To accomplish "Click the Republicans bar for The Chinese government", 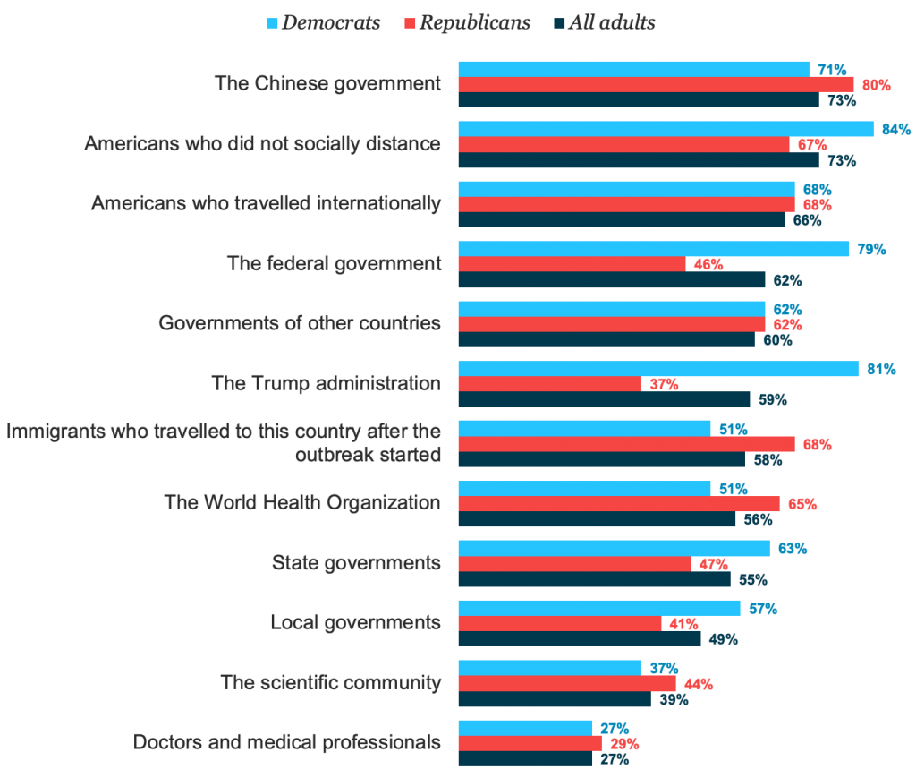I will [656, 85].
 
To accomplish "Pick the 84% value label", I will [895, 130].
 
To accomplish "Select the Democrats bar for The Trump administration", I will [658, 369].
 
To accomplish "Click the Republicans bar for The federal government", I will [572, 264].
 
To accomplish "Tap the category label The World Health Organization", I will [302, 502].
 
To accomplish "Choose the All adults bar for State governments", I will [594, 579].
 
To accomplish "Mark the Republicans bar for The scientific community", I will [567, 684].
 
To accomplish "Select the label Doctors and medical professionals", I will [286, 742].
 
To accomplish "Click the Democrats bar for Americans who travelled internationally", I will [626, 190].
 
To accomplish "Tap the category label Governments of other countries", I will [300, 323].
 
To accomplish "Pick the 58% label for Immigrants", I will [768, 460].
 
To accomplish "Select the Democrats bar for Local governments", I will [599, 609].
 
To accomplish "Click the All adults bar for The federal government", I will [612, 279].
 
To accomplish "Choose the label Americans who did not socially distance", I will [262, 143].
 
